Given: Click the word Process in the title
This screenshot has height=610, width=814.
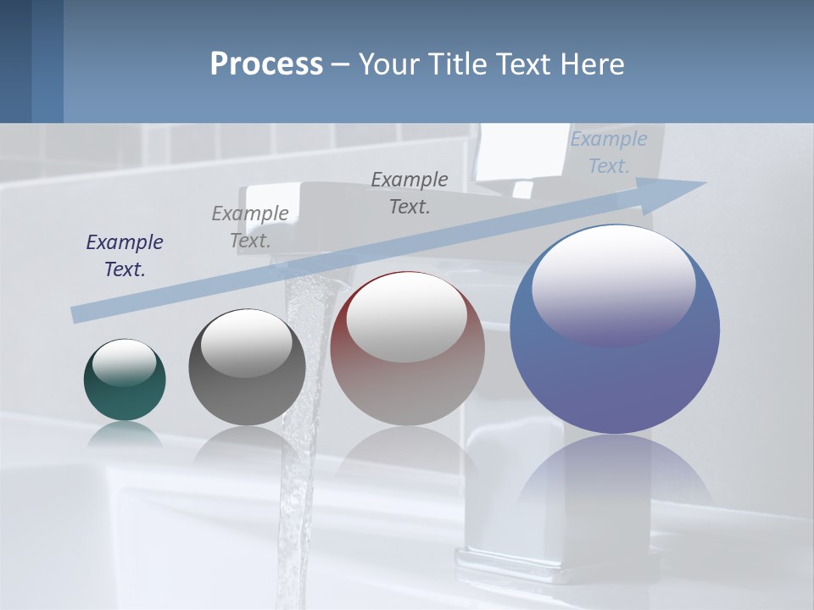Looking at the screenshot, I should pyautogui.click(x=266, y=64).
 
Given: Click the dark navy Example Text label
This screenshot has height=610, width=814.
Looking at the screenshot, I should pyautogui.click(x=125, y=256).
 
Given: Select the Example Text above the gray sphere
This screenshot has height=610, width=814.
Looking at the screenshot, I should pyautogui.click(x=250, y=227).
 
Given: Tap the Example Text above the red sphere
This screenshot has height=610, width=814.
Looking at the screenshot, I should pyautogui.click(x=410, y=192).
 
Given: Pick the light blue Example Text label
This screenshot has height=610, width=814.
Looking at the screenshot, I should pyautogui.click(x=609, y=152).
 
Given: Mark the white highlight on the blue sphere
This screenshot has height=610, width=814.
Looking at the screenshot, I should pyautogui.click(x=613, y=284).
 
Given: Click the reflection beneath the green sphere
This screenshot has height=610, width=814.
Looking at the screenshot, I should pyautogui.click(x=125, y=434).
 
